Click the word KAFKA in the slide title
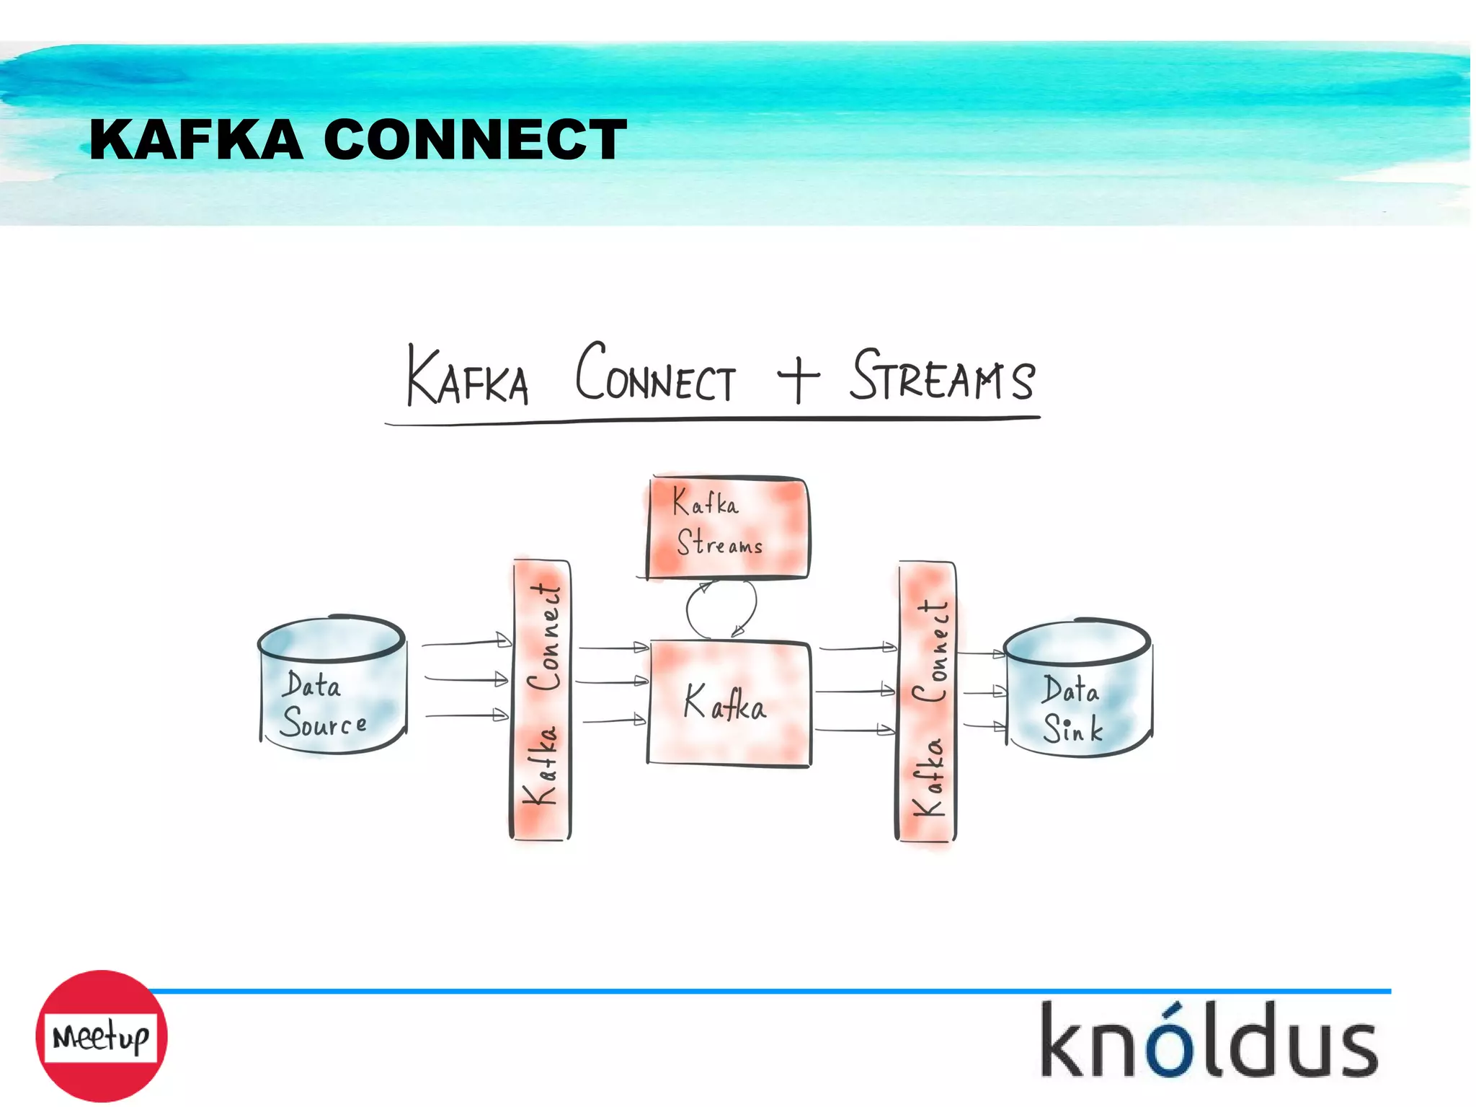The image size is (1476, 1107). [196, 139]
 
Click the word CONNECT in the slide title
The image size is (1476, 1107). [475, 139]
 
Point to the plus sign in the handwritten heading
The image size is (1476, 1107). [798, 376]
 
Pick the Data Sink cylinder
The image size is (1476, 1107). [1077, 689]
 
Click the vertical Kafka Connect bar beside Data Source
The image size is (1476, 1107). [541, 700]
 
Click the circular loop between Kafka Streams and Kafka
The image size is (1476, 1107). [721, 609]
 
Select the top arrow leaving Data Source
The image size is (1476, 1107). [467, 642]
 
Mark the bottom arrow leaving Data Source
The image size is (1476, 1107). [467, 715]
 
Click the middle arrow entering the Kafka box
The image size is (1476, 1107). [613, 681]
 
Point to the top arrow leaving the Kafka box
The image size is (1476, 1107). [858, 648]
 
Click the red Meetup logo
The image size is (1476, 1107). [102, 1036]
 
